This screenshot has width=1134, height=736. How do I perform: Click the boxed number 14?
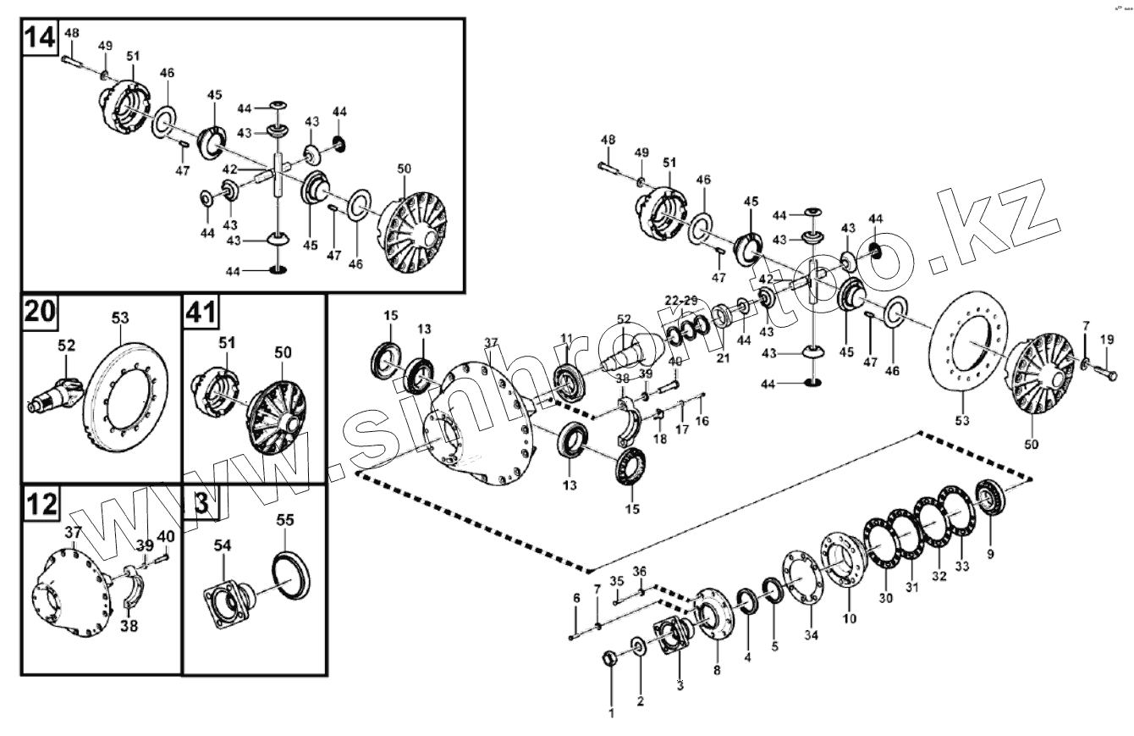[x=41, y=38]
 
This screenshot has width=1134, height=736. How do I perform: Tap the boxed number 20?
[x=41, y=313]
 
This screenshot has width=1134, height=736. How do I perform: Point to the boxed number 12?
[x=41, y=504]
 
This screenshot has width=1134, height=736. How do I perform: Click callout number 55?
[x=285, y=522]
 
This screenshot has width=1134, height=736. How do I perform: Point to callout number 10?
[x=849, y=618]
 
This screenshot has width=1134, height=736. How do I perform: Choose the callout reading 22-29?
[x=680, y=302]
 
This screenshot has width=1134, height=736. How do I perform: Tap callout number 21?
[x=723, y=358]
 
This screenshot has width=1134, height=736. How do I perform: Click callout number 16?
[x=702, y=421]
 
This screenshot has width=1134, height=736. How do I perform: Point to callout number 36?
[x=640, y=571]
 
